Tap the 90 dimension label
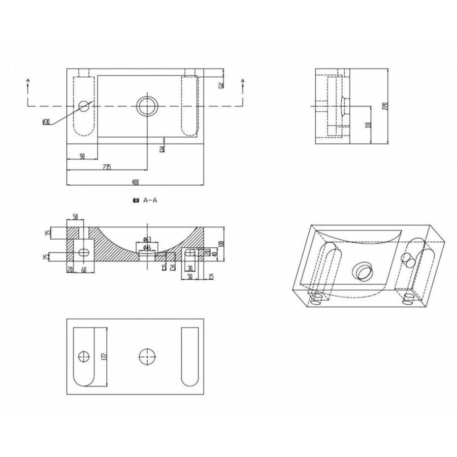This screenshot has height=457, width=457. pyautogui.click(x=81, y=156)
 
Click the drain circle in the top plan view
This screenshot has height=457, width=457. pyautogui.click(x=147, y=106)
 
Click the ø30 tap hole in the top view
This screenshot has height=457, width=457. pyautogui.click(x=84, y=106)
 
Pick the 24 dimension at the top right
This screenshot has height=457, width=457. pyautogui.click(x=221, y=85)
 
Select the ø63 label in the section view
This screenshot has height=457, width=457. pyautogui.click(x=145, y=239)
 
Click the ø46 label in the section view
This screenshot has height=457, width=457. pyautogui.click(x=145, y=247)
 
